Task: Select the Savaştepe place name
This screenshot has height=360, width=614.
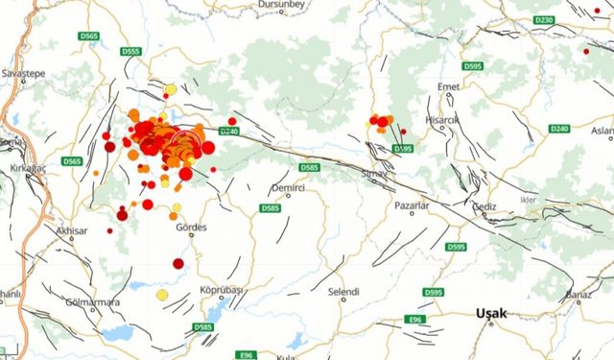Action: tap(24, 73)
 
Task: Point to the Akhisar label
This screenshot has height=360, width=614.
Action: tap(71, 231)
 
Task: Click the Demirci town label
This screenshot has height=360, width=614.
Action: tap(287, 188)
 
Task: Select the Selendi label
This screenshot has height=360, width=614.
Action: tap(343, 291)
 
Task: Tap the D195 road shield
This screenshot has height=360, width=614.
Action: tap(403, 149)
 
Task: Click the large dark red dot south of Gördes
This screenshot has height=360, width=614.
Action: tap(178, 263)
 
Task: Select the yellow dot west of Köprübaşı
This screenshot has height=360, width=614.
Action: tap(162, 295)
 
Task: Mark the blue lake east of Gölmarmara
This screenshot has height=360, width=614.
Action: tap(119, 332)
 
